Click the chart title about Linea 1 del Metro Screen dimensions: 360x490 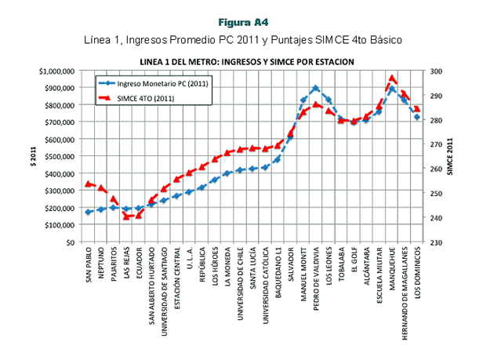[246, 60]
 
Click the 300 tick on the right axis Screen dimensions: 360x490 [436, 71]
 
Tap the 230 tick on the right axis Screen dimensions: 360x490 [436, 242]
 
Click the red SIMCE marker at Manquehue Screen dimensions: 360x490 [392, 79]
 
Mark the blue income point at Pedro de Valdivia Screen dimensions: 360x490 [316, 89]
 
